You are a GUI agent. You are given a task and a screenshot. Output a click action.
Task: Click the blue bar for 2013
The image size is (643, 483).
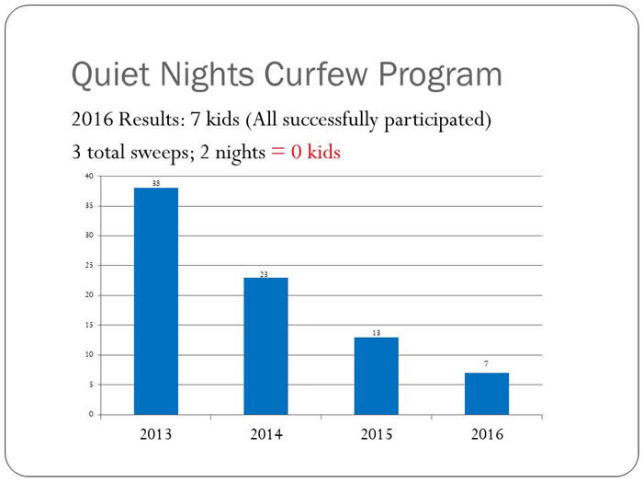point(156,301)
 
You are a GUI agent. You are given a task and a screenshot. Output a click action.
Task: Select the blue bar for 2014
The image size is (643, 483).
point(266,346)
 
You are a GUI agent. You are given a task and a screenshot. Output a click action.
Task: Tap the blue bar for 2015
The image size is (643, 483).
point(377,375)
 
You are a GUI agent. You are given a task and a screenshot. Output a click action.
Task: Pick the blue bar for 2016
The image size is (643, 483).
point(487,394)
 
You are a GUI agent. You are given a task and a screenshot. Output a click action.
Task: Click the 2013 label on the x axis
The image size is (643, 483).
point(156,433)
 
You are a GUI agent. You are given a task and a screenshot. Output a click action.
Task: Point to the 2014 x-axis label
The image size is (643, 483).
point(266,433)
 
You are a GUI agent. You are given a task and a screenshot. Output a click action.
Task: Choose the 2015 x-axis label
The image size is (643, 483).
point(377,433)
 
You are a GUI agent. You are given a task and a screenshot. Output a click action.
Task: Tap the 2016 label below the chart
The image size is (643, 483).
point(487,433)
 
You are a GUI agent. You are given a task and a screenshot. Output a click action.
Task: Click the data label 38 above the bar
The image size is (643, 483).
point(156,183)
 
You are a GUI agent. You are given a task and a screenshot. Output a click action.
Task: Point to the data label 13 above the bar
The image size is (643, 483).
point(377,332)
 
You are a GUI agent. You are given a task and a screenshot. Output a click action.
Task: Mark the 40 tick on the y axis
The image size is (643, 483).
point(88,176)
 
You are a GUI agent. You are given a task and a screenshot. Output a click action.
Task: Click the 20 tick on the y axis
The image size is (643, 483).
point(88,295)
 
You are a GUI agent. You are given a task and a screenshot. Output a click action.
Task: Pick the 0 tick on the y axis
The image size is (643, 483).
point(91,414)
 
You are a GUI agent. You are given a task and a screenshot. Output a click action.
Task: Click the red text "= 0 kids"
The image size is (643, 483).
point(305,152)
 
